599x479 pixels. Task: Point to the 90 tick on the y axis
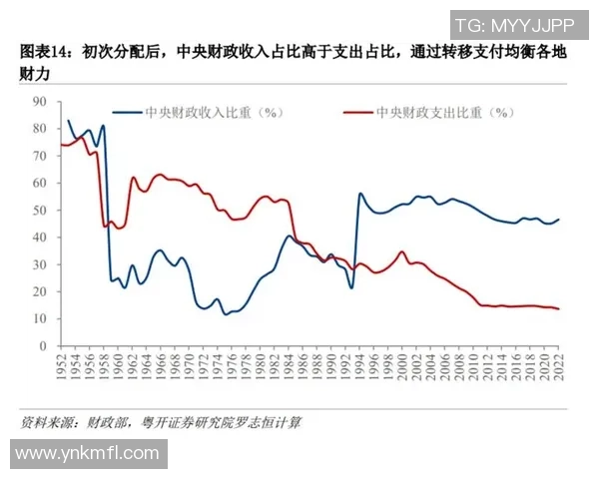coord(41,101)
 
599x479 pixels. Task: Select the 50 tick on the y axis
coord(41,210)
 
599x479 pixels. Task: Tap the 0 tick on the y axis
coord(44,346)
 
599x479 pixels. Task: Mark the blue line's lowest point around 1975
coord(226,314)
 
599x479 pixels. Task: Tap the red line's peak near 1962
coord(133,178)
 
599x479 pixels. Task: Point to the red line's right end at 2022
coord(557,308)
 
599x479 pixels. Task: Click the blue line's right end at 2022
coord(557,220)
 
